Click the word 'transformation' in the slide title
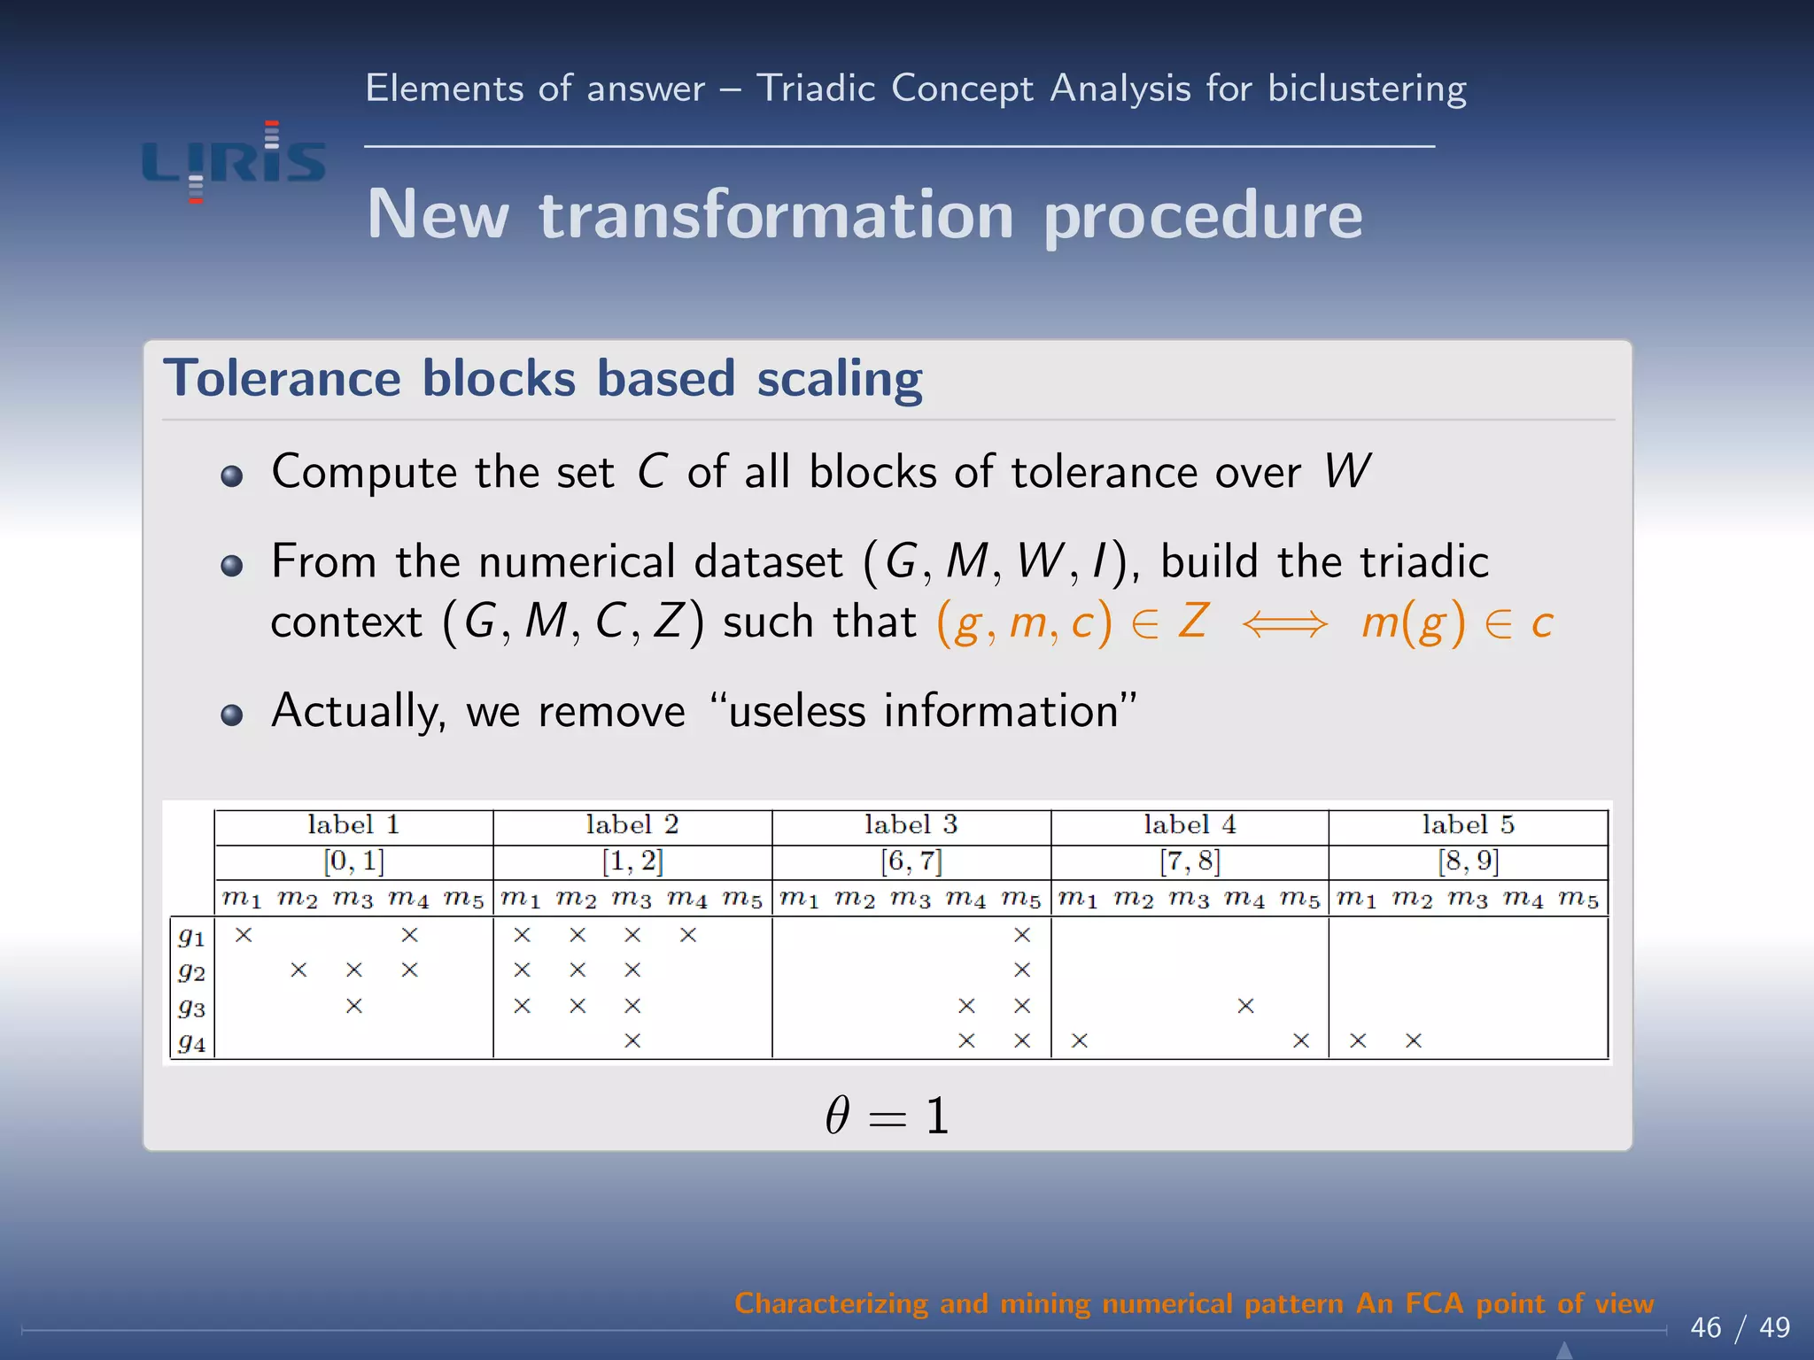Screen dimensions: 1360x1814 coord(776,215)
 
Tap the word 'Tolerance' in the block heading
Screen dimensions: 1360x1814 coord(282,379)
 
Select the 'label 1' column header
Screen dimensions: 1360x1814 coord(353,825)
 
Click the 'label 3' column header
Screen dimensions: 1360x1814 coord(911,825)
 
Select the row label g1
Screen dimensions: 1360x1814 coord(191,936)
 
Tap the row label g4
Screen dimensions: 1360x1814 coord(191,1042)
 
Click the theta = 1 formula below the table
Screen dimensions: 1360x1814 coord(887,1116)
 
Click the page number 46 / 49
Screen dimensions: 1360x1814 coord(1740,1327)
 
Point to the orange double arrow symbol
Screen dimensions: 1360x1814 coord(1284,624)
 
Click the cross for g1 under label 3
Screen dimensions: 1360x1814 coord(1022,935)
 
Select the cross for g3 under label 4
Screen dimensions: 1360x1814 coord(1245,1006)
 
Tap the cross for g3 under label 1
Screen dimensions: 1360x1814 coord(354,1006)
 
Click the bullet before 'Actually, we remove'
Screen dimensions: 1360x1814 coord(232,715)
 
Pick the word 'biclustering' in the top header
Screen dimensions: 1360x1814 coord(1367,89)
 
